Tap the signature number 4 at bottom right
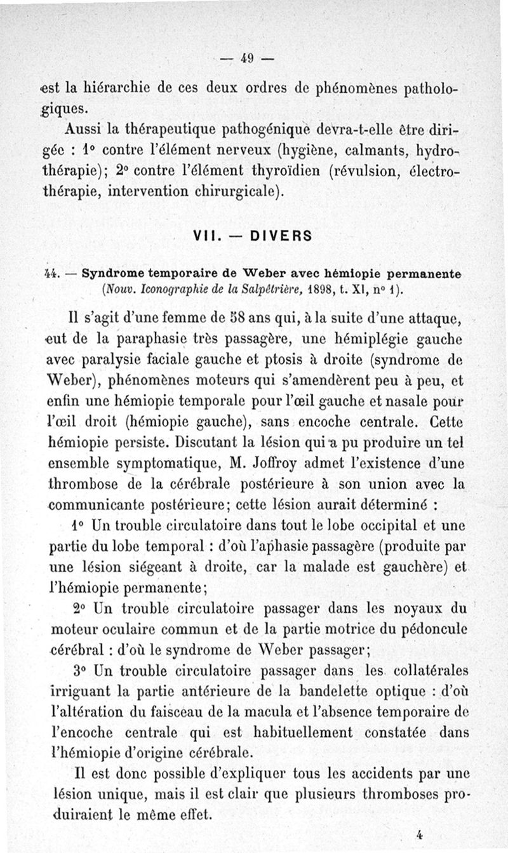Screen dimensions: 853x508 tap(420, 834)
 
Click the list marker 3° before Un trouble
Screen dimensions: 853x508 tap(79, 670)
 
